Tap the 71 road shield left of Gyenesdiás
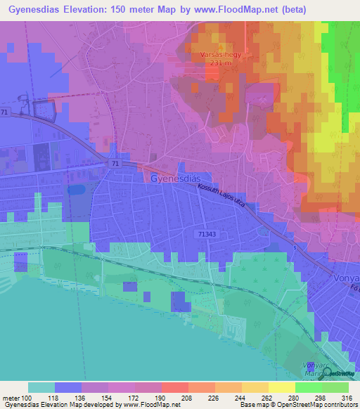(x=114, y=163)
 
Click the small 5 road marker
(x=296, y=247)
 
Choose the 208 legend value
(x=174, y=397)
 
